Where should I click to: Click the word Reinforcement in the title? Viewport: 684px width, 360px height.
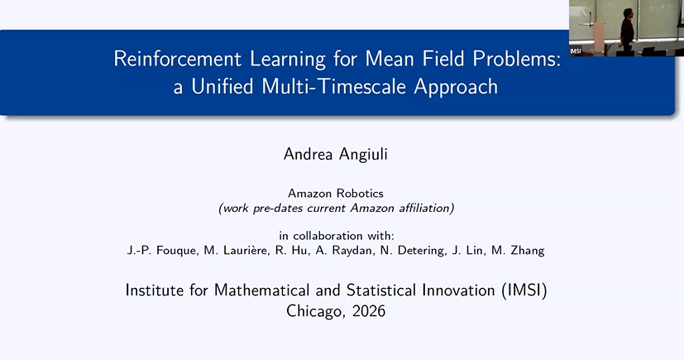178,59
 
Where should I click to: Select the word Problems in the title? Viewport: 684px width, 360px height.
514,59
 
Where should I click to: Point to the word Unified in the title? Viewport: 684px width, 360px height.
222,86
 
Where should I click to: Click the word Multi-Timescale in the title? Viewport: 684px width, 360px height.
333,86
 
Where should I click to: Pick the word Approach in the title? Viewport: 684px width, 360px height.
456,87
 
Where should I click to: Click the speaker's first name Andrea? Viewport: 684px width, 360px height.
308,154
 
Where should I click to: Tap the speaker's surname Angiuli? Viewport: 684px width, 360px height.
363,155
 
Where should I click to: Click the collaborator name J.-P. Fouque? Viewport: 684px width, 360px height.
161,251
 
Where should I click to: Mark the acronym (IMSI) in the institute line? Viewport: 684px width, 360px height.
524,290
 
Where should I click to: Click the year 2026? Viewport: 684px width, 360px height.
369,311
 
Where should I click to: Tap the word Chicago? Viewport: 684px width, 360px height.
316,311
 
